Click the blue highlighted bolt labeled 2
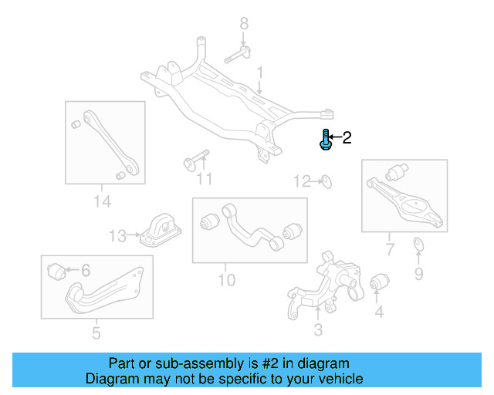click(326, 140)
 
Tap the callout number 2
click(347, 138)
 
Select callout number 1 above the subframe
click(260, 73)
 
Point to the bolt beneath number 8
click(239, 55)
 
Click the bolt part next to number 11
click(197, 160)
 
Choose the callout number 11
click(204, 180)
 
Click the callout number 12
click(300, 181)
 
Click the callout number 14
click(102, 201)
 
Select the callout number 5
click(96, 333)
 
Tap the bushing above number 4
click(379, 283)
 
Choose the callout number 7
click(389, 249)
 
